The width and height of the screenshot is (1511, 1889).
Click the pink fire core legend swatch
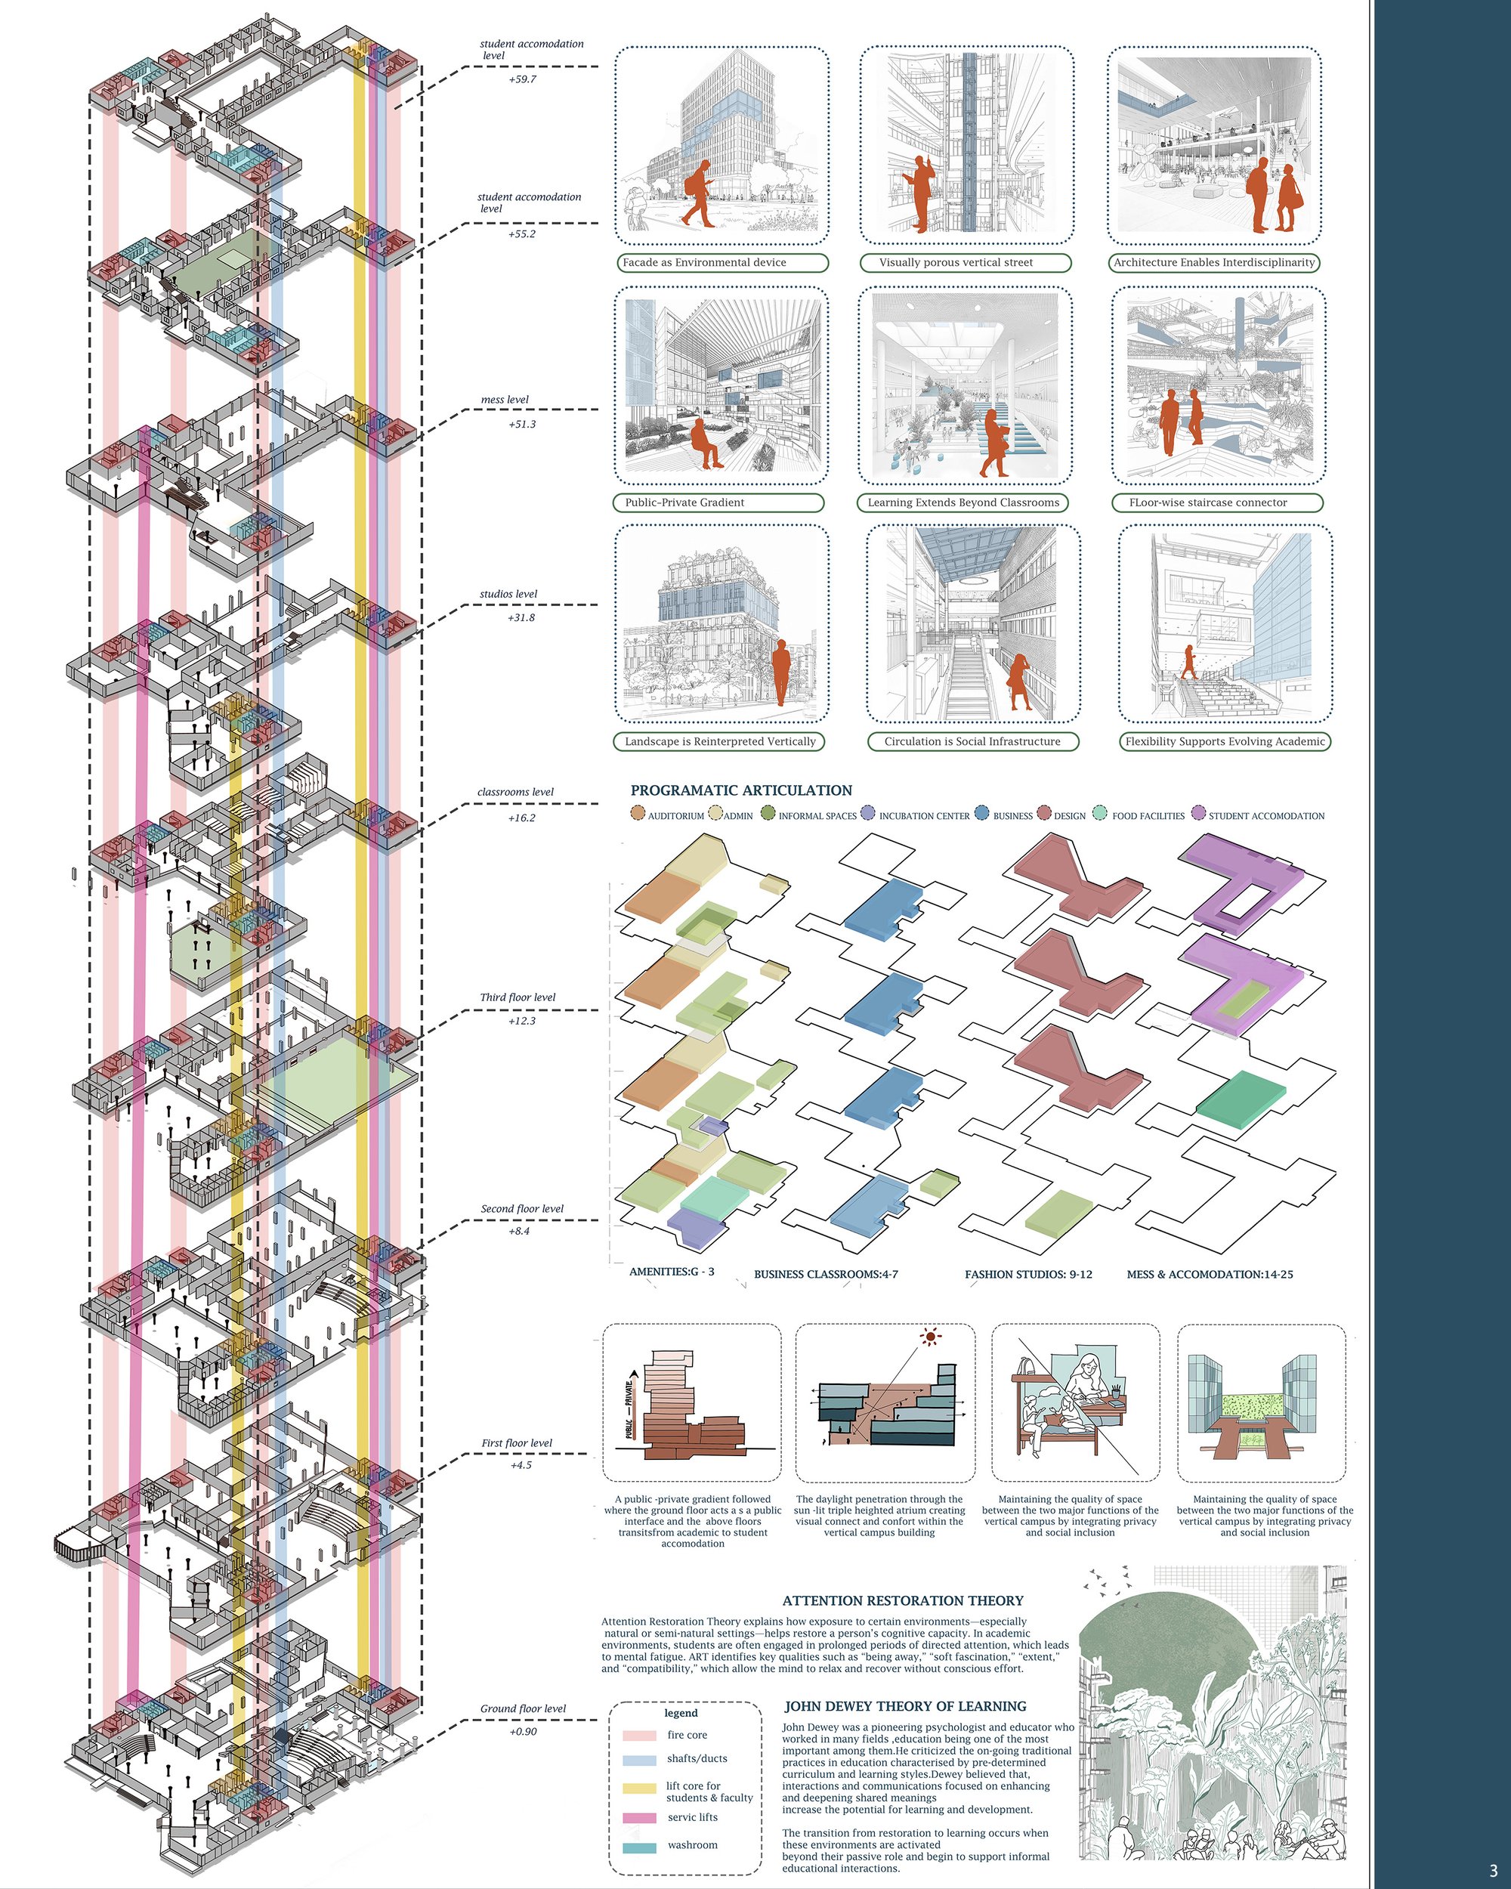[x=638, y=1735]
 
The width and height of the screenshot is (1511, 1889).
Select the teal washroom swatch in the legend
[x=638, y=1844]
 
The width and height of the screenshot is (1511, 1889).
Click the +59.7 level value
[x=522, y=79]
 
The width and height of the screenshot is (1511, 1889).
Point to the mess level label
[x=505, y=400]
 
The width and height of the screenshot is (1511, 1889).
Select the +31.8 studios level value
[x=521, y=617]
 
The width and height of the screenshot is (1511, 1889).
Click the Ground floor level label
[x=523, y=1708]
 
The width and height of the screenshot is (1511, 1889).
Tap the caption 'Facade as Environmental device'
[x=704, y=262]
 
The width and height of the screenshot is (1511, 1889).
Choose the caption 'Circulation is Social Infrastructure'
[x=972, y=741]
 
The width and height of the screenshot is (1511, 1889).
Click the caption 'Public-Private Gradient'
[x=685, y=502]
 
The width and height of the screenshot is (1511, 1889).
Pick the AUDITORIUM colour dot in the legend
[x=638, y=812]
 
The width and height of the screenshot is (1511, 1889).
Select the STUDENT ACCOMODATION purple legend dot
[x=1198, y=812]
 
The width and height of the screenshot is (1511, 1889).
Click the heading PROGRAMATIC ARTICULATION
[x=741, y=790]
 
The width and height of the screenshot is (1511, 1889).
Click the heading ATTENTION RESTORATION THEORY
[x=903, y=1601]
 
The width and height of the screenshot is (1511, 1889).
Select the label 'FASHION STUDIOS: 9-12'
[x=1028, y=1274]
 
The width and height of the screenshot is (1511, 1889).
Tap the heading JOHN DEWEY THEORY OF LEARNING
[x=905, y=1706]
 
